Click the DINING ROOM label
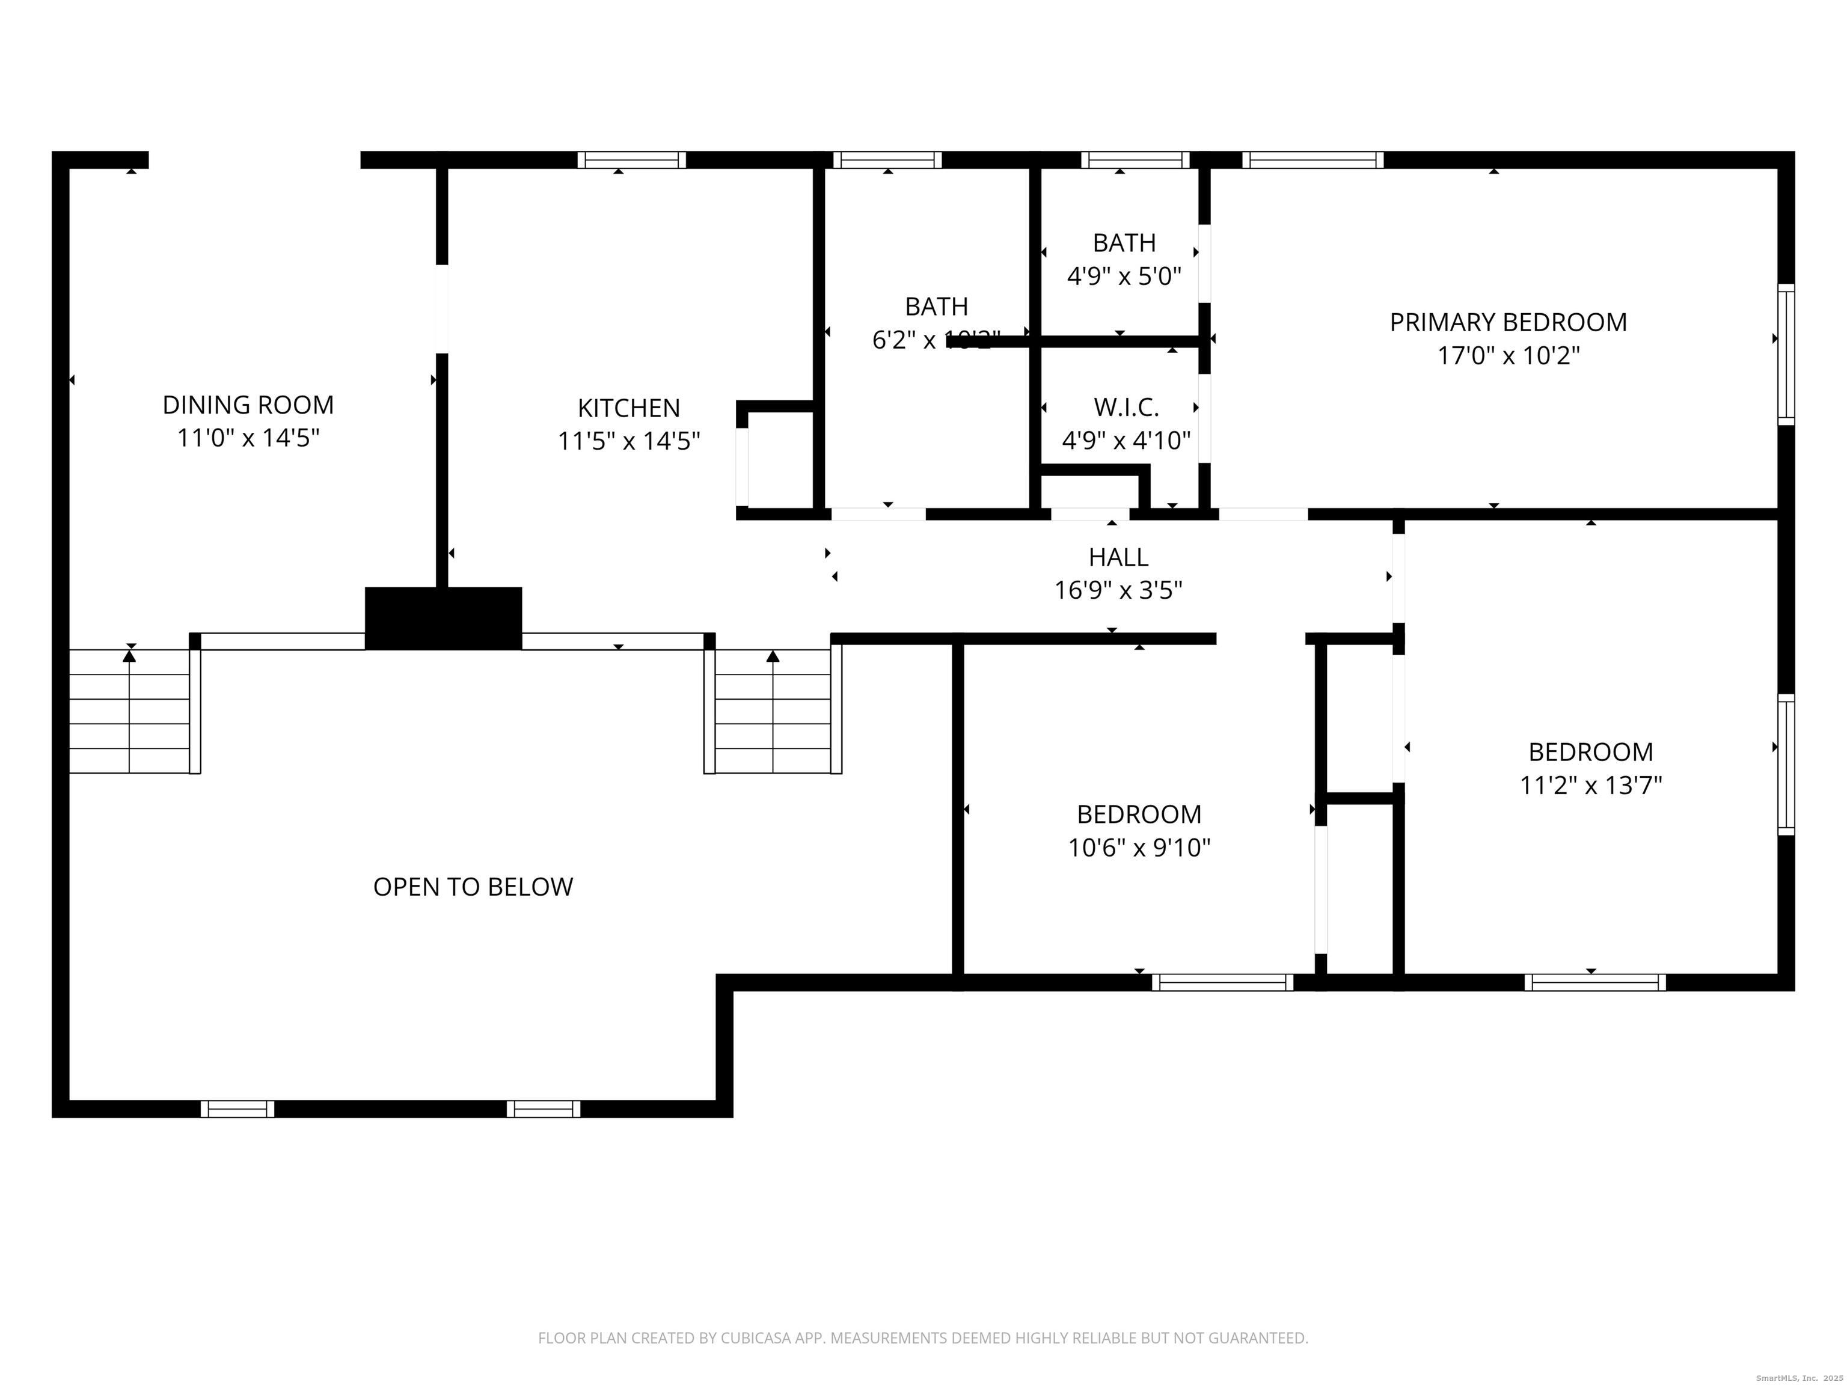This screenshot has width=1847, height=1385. point(248,405)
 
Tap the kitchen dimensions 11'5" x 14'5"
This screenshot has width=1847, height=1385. point(629,441)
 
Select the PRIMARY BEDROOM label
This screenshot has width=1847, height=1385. point(1507,322)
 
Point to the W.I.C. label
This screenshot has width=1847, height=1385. point(1126,408)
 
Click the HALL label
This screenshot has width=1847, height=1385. point(1118,557)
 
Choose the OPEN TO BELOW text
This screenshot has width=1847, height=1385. point(473,887)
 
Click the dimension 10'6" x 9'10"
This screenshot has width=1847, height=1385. point(1139,848)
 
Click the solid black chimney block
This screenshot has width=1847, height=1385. point(443,618)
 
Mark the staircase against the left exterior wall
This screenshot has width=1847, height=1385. point(129,711)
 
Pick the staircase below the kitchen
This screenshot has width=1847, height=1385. point(773,711)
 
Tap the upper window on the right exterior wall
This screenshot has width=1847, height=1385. point(1785,355)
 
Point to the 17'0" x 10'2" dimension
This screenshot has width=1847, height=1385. point(1507,356)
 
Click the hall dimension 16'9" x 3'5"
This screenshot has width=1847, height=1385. point(1118,591)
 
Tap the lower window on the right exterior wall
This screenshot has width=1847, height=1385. point(1785,764)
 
